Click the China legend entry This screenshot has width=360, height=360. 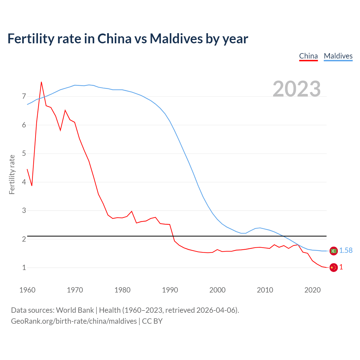coord(308,56)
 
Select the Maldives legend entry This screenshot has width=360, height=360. coord(338,56)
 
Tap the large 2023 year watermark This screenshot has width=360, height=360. coord(296,89)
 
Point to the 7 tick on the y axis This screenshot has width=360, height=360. coord(24,96)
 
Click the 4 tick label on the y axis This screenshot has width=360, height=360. coord(24,182)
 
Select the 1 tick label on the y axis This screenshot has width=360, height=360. coord(24,267)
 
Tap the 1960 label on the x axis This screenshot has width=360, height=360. coord(27,290)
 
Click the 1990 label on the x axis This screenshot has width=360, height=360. coord(170,290)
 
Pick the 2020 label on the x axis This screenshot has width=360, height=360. coord(312,290)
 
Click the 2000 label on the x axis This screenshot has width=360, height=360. coord(217,290)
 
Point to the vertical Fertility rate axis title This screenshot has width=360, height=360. coord(12,174)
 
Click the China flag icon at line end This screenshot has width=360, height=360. coord(334,267)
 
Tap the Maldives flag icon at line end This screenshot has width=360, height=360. coord(334,251)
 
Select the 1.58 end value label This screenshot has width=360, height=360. coord(346,251)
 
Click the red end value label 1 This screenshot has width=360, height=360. coord(341,267)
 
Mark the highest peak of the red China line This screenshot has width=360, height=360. coord(41,82)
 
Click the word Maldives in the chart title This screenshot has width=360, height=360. coord(176,39)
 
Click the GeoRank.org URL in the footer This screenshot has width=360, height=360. coord(74,321)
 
